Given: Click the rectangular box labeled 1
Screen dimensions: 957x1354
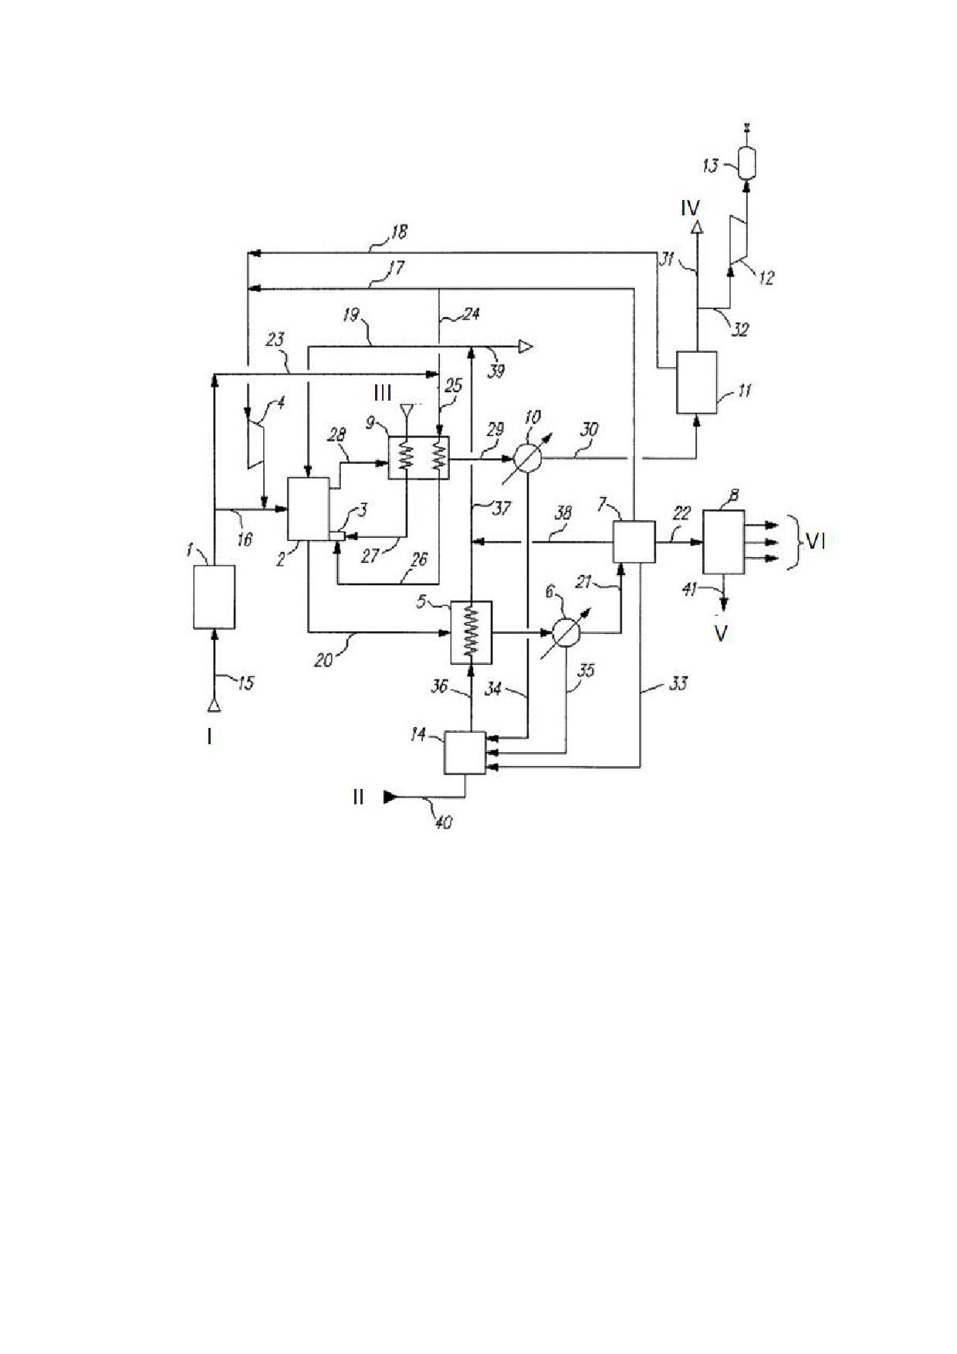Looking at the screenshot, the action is click(x=214, y=597).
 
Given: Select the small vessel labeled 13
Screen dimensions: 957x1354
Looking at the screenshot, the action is click(x=746, y=163).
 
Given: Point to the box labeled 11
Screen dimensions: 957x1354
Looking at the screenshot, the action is click(x=696, y=382).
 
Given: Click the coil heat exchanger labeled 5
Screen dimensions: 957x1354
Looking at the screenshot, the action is click(x=471, y=632).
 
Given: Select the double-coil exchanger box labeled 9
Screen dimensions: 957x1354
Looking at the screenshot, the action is click(x=418, y=458).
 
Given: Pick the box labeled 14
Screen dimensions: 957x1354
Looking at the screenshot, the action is click(x=465, y=753).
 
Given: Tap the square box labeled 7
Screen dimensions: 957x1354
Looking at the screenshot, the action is click(x=634, y=542).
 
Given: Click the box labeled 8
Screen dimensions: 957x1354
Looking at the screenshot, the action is click(x=724, y=541).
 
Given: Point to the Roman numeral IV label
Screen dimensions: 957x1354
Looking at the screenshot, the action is click(x=690, y=208).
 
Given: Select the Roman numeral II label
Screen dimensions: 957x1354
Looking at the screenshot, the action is click(x=358, y=797).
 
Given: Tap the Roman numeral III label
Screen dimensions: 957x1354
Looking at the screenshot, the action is click(x=383, y=394).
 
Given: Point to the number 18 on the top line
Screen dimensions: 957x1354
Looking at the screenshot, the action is click(x=398, y=231).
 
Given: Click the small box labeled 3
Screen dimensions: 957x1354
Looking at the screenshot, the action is click(x=335, y=536).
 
